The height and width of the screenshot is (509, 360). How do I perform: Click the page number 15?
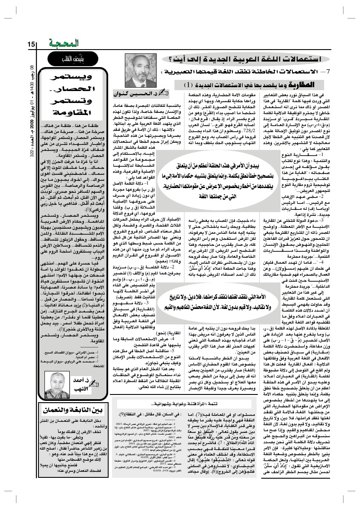[31, 44]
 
